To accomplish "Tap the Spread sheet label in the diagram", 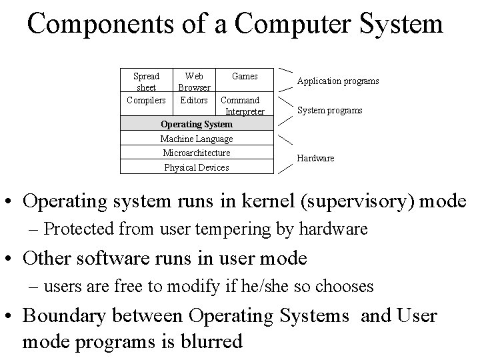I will pyautogui.click(x=146, y=82).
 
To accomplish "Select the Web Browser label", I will pyautogui.click(x=194, y=82).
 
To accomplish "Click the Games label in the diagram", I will pyautogui.click(x=245, y=76).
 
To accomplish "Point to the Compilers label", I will pyautogui.click(x=146, y=100).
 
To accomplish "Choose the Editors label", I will pyautogui.click(x=194, y=100).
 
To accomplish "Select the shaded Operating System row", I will pyautogui.click(x=197, y=124).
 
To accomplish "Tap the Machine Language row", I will pyautogui.click(x=197, y=139).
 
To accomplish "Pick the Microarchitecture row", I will pyautogui.click(x=197, y=153).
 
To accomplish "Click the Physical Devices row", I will pyautogui.click(x=197, y=167).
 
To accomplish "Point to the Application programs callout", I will pyautogui.click(x=337, y=81).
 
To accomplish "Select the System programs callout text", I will pyautogui.click(x=329, y=110).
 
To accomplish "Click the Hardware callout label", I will pyautogui.click(x=315, y=158).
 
